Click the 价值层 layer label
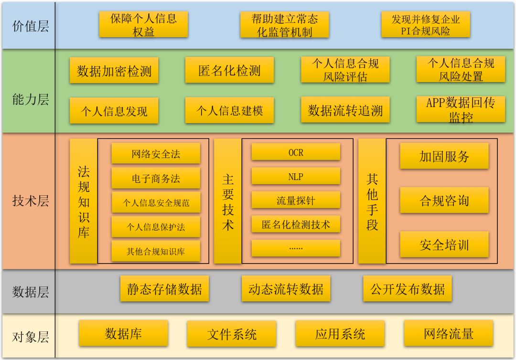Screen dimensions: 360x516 [x=30, y=25]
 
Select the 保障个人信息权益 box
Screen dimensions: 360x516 [x=143, y=24]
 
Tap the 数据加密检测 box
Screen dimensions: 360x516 [x=114, y=70]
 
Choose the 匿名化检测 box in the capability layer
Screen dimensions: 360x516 [x=229, y=70]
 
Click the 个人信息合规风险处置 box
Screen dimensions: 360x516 [x=461, y=69]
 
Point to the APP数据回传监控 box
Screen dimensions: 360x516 [x=461, y=109]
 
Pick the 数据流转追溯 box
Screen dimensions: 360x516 [x=345, y=110]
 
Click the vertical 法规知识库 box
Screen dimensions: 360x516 [x=83, y=201]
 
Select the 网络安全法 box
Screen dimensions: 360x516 [x=156, y=154]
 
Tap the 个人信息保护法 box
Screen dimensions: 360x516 [x=156, y=227]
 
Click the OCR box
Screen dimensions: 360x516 [x=296, y=152]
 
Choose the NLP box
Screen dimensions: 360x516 [x=296, y=176]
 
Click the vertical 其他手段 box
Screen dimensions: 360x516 [x=372, y=201]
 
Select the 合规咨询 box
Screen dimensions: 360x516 [x=444, y=200]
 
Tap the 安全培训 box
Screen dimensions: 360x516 [x=444, y=244]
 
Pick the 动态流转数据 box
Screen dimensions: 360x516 [x=286, y=289]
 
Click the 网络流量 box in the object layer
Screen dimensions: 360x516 [x=448, y=333]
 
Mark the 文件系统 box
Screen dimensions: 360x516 [x=232, y=334]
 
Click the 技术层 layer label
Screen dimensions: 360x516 [x=30, y=201]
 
